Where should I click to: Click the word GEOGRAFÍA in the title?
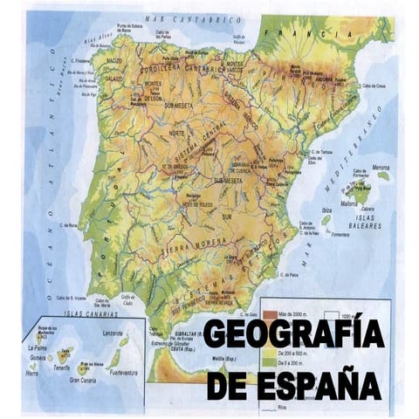pos(293,334)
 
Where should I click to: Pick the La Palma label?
pos(35,347)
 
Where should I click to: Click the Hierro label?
pos(32,373)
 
